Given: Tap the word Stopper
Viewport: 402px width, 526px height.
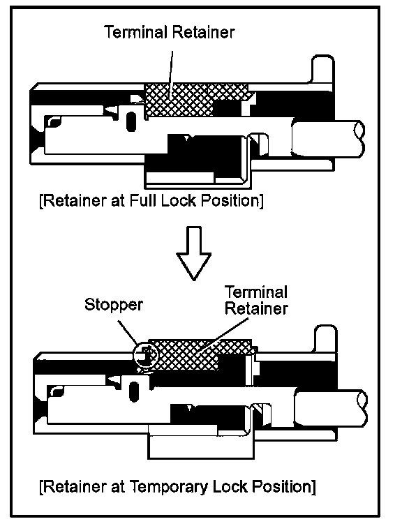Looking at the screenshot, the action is [114, 306].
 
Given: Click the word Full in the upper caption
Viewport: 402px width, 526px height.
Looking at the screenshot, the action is [142, 201].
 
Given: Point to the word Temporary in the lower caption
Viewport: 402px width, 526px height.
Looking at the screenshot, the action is [169, 487].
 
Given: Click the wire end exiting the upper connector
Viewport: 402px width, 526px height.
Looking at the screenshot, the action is [327, 139].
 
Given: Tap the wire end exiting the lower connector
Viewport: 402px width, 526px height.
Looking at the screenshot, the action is [331, 407].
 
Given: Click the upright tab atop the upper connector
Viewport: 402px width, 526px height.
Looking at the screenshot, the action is [323, 70].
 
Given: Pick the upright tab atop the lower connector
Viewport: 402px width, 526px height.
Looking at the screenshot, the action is [325, 339].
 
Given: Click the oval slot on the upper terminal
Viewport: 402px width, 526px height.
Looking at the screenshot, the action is [131, 121].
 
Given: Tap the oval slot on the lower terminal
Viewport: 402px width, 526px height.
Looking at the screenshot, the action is [134, 391].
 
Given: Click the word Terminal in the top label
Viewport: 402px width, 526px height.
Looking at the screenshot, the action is [136, 32].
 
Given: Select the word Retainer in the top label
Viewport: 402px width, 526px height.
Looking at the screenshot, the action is [204, 32].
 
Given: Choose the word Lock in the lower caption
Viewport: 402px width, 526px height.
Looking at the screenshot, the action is [230, 486].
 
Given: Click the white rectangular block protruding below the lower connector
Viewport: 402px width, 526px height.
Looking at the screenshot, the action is [201, 447].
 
